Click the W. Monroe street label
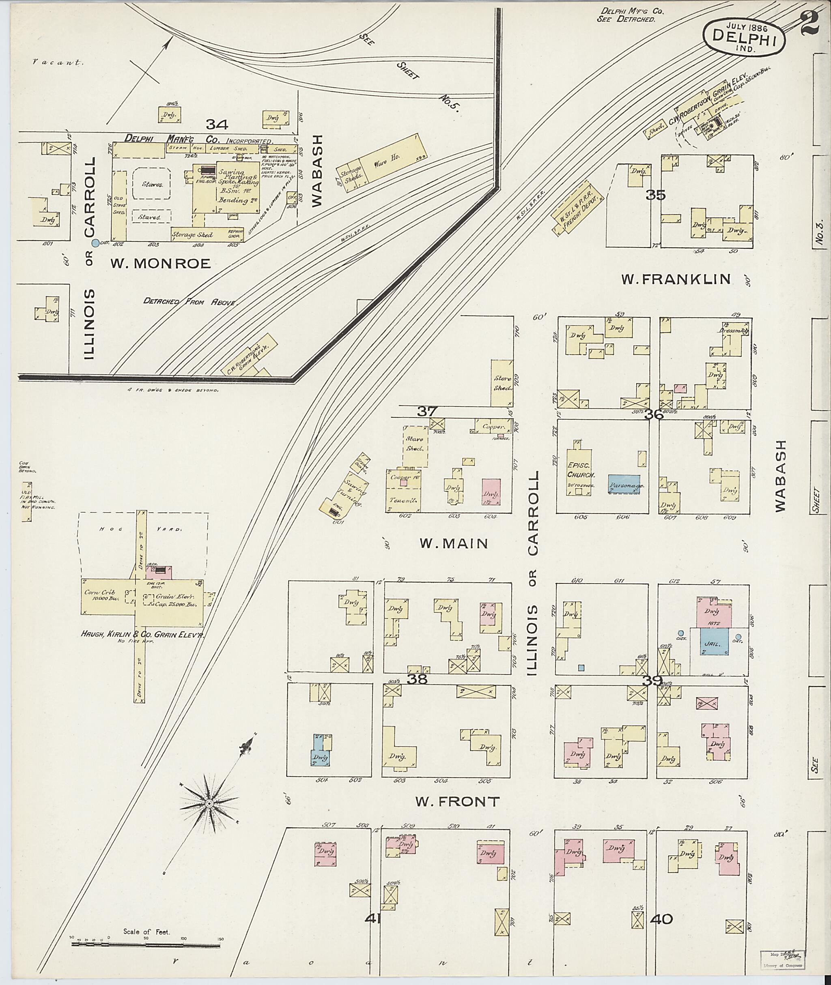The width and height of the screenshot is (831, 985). (x=160, y=264)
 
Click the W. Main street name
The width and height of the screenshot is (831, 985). (x=454, y=544)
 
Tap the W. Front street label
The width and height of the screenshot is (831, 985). (x=457, y=802)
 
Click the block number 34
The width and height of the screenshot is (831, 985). (x=217, y=125)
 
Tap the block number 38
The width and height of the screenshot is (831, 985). (x=418, y=679)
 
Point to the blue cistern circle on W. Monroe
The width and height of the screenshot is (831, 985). (x=95, y=243)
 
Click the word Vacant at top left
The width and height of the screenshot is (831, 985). (x=58, y=62)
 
